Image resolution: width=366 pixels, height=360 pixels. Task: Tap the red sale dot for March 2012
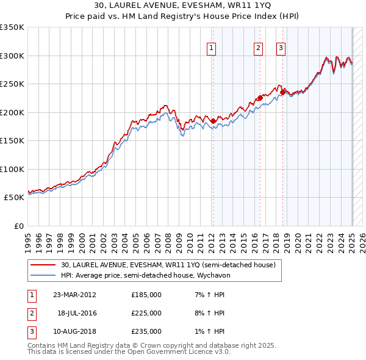(213, 121)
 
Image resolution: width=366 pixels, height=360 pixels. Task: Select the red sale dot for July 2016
(260, 98)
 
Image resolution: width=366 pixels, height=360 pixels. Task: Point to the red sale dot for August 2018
(282, 92)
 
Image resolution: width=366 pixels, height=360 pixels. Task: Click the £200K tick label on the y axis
(12, 112)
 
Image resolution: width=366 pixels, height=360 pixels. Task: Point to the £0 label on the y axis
(18, 226)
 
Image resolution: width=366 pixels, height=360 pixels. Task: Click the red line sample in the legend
(43, 265)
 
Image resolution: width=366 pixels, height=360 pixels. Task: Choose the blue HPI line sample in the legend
(43, 275)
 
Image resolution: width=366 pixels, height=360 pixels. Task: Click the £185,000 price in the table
(146, 294)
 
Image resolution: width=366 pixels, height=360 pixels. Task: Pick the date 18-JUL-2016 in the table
(77, 313)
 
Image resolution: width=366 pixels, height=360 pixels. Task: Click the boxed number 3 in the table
(30, 331)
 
